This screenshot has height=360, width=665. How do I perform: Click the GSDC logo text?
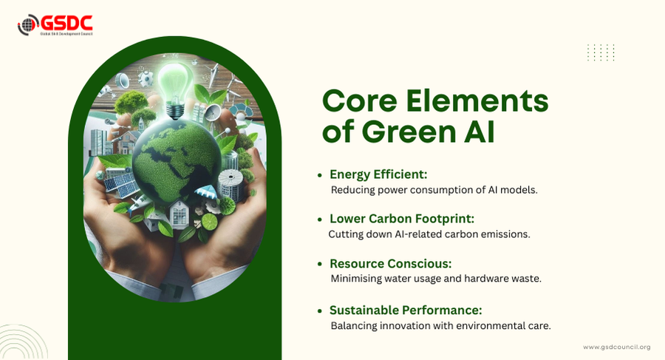point(66,23)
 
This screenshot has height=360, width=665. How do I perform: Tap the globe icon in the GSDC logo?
point(28,24)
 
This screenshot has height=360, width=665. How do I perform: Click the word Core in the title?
point(360,101)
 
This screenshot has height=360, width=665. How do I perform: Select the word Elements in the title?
point(477,101)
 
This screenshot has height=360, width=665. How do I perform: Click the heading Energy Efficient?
point(378,174)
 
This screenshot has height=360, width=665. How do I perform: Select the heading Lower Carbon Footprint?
point(402,219)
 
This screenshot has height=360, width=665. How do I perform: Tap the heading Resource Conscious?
point(391,264)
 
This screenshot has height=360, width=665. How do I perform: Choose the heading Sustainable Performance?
point(406,310)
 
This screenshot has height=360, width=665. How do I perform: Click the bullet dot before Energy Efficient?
point(320,175)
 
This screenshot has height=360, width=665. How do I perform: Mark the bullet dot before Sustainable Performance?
point(320,310)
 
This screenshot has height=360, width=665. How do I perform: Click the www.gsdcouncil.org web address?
point(617,347)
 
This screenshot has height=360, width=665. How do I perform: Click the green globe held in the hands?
point(177,162)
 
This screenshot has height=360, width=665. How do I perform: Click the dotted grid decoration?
point(601,52)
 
